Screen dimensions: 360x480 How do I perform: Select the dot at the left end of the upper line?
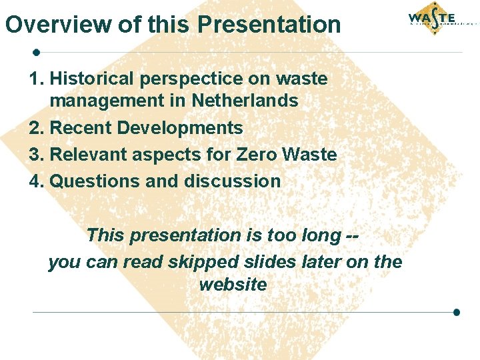pyautogui.click(x=37, y=51)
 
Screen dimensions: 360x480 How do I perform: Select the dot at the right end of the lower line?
pyautogui.click(x=457, y=311)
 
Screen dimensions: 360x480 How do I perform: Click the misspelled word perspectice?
pyautogui.click(x=191, y=79)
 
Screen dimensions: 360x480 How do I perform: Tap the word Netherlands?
pyautogui.click(x=245, y=101)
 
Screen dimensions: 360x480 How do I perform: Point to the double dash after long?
pyautogui.click(x=359, y=235)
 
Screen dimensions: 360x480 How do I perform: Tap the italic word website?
pyautogui.click(x=233, y=285)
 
